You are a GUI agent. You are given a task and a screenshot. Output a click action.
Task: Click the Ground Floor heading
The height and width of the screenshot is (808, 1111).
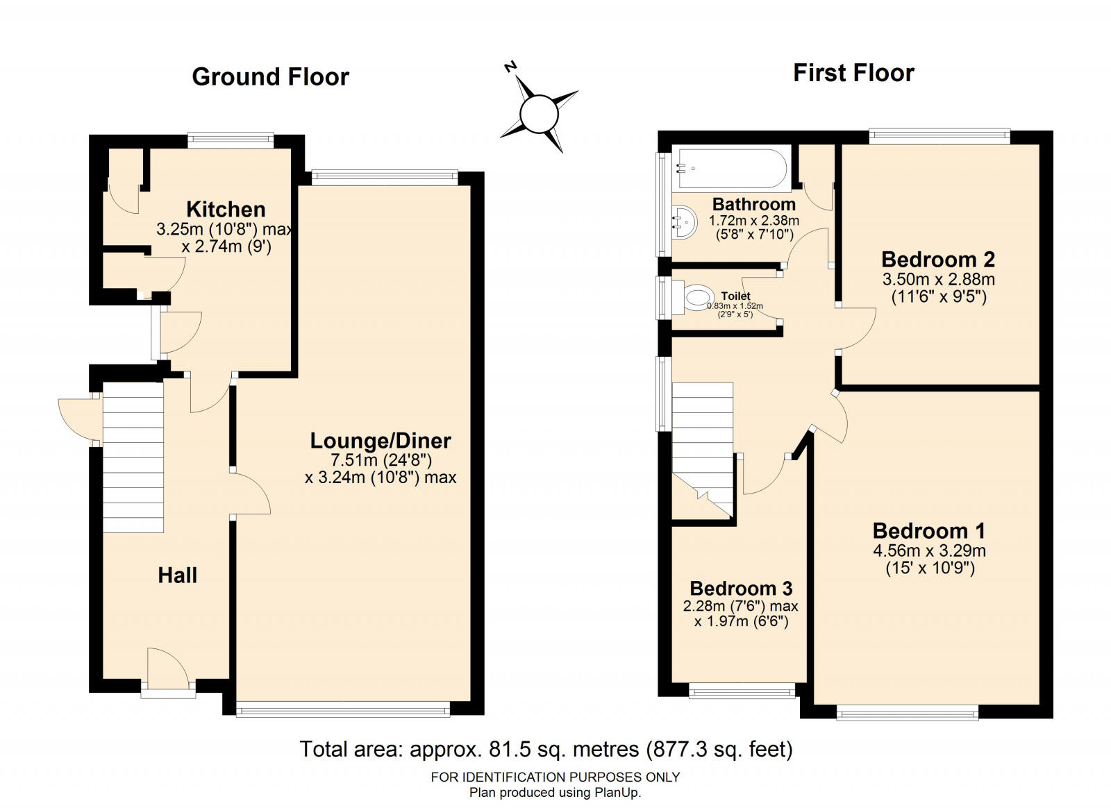[x=270, y=77]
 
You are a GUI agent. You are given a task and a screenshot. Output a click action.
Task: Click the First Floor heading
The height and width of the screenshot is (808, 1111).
[x=853, y=73]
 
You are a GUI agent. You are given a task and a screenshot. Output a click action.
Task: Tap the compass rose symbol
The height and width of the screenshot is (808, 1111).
[x=539, y=115]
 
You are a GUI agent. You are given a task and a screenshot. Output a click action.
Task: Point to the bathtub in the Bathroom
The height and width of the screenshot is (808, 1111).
[x=732, y=169]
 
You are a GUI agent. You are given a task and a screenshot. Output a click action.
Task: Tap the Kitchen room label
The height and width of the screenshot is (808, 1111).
[x=226, y=209]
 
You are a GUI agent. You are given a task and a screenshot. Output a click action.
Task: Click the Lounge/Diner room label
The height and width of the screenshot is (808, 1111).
[x=381, y=441]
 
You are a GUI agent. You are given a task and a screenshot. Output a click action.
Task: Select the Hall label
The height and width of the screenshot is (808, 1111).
[x=178, y=575]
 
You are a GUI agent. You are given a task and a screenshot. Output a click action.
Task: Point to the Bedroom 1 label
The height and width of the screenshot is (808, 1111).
[x=929, y=531]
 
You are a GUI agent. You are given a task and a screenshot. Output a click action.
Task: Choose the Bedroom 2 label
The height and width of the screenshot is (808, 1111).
[x=938, y=259]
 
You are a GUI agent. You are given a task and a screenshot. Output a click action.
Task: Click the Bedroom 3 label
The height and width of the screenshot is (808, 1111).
[x=741, y=589]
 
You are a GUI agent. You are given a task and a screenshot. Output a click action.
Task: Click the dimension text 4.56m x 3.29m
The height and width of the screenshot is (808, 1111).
[x=930, y=550]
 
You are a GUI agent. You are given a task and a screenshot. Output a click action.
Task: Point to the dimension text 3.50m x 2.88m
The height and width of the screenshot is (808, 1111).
[x=938, y=279]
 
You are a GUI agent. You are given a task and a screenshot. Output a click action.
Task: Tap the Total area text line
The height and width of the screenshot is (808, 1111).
[x=546, y=748]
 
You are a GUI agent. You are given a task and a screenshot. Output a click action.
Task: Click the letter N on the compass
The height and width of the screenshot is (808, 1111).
[x=510, y=67]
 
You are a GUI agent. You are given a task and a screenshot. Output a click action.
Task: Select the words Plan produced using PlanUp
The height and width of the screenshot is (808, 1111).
[x=555, y=792]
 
